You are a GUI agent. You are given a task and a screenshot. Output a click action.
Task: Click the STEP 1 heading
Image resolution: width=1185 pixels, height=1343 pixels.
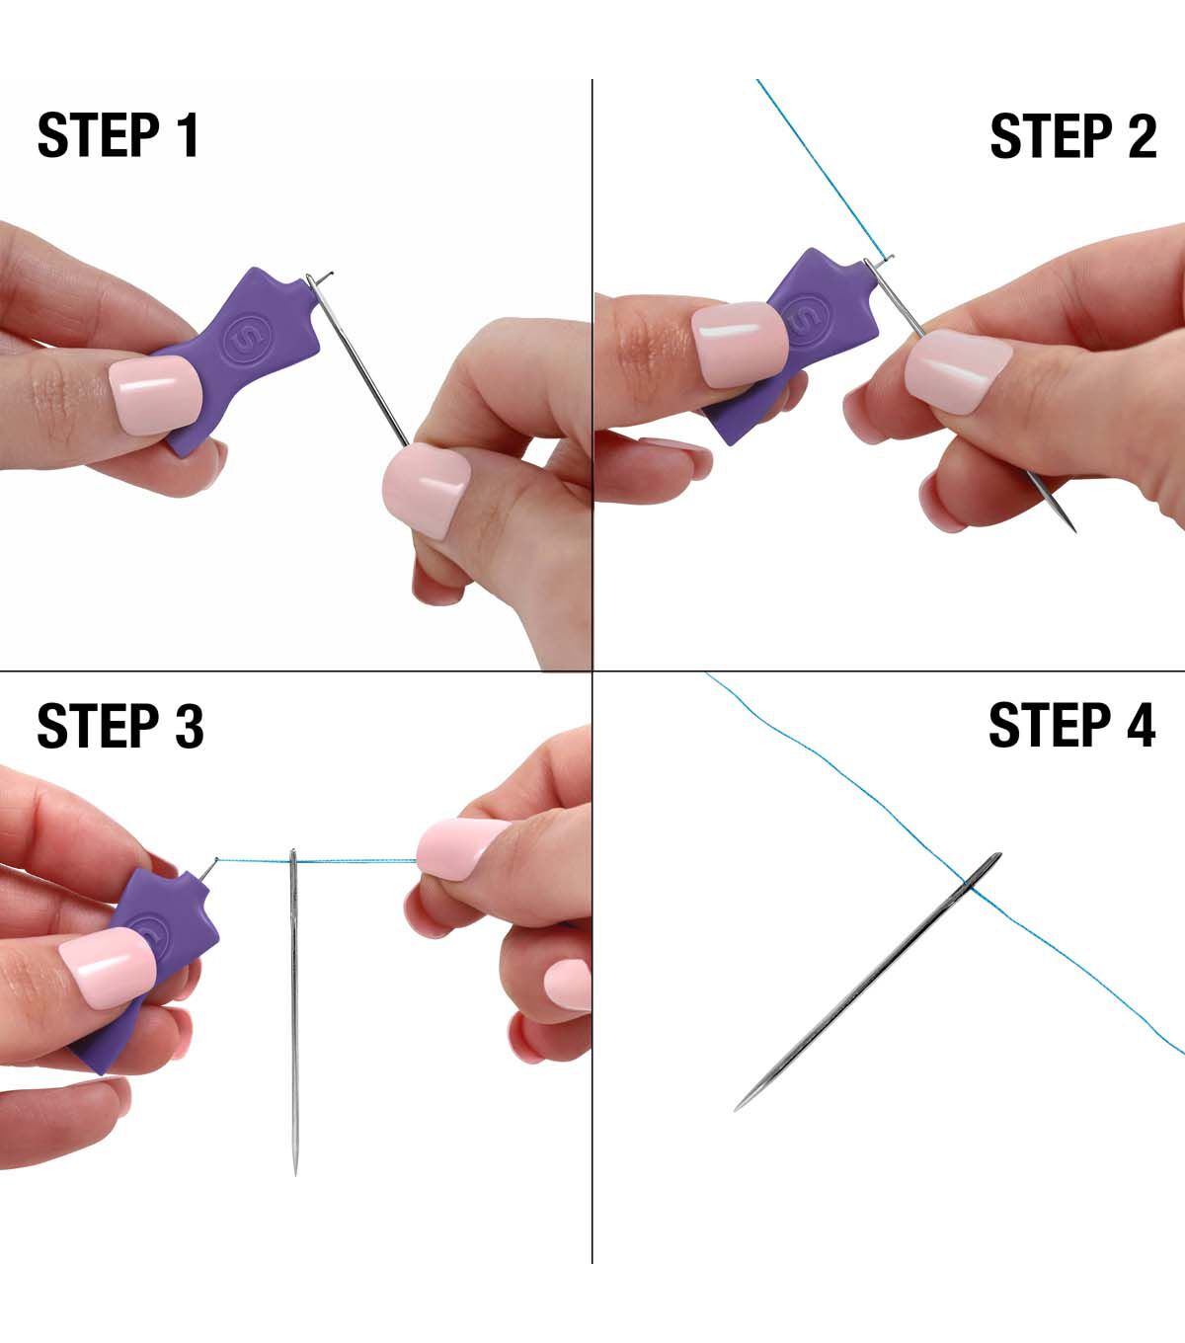click(118, 135)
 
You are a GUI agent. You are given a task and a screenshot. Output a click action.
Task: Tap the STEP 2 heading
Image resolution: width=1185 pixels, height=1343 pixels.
click(1073, 135)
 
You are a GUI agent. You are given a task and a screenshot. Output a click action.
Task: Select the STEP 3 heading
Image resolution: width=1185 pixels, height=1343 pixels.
click(120, 726)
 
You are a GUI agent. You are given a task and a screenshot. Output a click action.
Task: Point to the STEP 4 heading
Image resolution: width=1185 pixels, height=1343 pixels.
click(1072, 725)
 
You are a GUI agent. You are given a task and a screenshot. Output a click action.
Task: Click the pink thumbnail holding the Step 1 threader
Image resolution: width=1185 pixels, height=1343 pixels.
click(155, 395)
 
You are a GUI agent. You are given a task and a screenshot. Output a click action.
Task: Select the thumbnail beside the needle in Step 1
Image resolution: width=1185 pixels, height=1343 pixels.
click(427, 489)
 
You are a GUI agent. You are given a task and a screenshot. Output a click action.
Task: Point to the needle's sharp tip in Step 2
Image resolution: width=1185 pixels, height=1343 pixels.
click(1074, 530)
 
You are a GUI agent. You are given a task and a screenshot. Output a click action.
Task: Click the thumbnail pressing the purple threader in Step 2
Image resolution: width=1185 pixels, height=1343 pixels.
click(740, 345)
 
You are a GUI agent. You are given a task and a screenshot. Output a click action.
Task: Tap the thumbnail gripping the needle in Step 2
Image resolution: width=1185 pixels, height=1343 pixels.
click(958, 371)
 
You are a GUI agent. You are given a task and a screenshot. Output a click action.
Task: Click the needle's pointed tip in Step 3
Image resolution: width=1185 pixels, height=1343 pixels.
click(295, 1172)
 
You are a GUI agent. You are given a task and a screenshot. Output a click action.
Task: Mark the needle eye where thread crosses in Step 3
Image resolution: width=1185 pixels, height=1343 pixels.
click(293, 862)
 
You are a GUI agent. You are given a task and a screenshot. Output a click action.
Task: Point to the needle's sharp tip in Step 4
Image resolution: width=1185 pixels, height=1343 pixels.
click(736, 1109)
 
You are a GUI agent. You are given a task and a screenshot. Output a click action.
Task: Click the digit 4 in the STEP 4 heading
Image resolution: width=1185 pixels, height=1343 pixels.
click(1140, 725)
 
